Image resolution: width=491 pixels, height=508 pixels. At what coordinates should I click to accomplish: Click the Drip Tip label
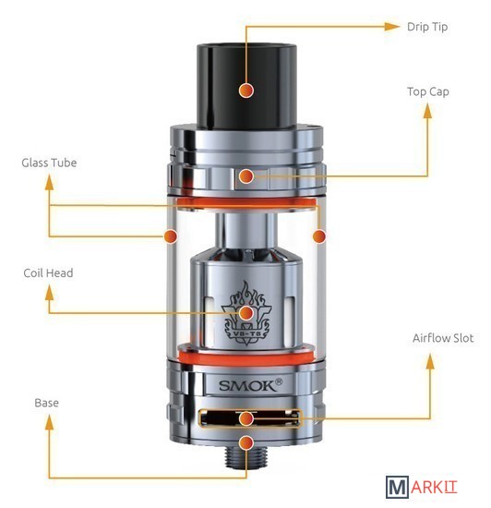coord(427,27)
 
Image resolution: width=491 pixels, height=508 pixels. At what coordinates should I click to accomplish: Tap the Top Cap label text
coord(428,92)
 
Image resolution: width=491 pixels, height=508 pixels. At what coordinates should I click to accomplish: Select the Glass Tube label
coord(49,163)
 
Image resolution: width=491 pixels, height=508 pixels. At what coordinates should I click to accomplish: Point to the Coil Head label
coord(48,272)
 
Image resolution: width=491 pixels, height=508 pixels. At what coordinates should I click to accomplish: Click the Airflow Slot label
coord(443,338)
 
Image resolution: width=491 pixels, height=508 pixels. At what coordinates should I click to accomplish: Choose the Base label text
coord(46,403)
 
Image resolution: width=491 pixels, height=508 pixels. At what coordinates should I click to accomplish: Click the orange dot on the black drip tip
coord(246,91)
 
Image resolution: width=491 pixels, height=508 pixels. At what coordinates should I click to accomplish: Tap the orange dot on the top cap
coord(246,175)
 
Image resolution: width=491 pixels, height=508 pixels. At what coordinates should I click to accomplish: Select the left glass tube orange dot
coord(171,236)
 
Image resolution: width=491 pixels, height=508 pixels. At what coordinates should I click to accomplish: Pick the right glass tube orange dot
coord(319,236)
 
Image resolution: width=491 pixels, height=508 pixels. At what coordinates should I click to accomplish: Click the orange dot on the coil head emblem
coord(246,312)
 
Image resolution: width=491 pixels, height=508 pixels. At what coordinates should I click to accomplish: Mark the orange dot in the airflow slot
coord(246,418)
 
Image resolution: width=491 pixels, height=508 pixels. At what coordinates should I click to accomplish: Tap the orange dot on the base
coord(246,442)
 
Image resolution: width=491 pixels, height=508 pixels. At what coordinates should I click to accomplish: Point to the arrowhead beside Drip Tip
coord(392,27)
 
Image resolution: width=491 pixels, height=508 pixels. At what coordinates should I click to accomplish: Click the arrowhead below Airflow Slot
coord(430,361)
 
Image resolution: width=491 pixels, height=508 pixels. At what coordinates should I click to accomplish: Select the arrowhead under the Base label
coord(49,423)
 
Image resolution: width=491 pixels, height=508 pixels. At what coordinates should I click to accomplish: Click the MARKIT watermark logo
coord(421,487)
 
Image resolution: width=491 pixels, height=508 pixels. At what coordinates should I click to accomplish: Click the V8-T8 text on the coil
coord(247,333)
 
